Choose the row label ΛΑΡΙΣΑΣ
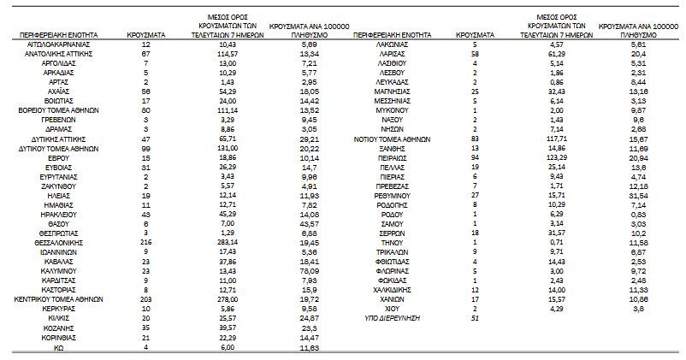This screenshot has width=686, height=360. (x=393, y=53)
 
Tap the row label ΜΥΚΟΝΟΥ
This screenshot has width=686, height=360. (x=393, y=111)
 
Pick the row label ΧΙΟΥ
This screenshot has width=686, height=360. (x=393, y=309)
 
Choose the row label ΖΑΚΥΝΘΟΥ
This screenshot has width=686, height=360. (x=59, y=185)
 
